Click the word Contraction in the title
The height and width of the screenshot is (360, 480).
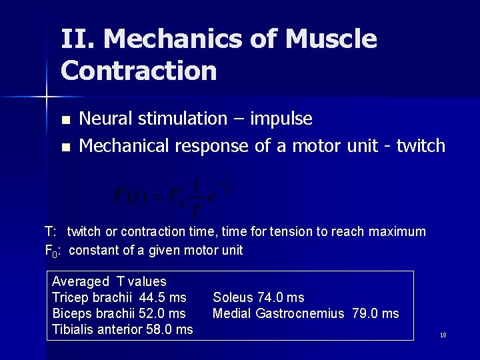coord(139,71)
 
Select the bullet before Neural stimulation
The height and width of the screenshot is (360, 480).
coord(65,121)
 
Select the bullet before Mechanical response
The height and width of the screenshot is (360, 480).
coord(65,147)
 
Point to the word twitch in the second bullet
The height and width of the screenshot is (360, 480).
coord(421,146)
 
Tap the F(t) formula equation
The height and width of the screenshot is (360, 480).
coord(172,195)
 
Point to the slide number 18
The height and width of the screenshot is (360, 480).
coord(443,335)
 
